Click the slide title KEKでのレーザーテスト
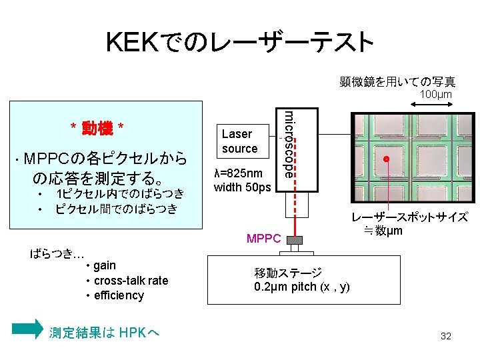pos(240,42)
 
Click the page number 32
pos(446,336)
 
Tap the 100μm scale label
pos(435,95)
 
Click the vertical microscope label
pos(287,144)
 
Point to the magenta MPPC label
pos(263,238)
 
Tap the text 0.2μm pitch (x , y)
pos(302,287)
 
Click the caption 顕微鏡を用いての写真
pos(397,82)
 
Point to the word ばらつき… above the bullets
pos(57,253)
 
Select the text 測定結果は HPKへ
pos(104,333)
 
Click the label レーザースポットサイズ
pos(409,218)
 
